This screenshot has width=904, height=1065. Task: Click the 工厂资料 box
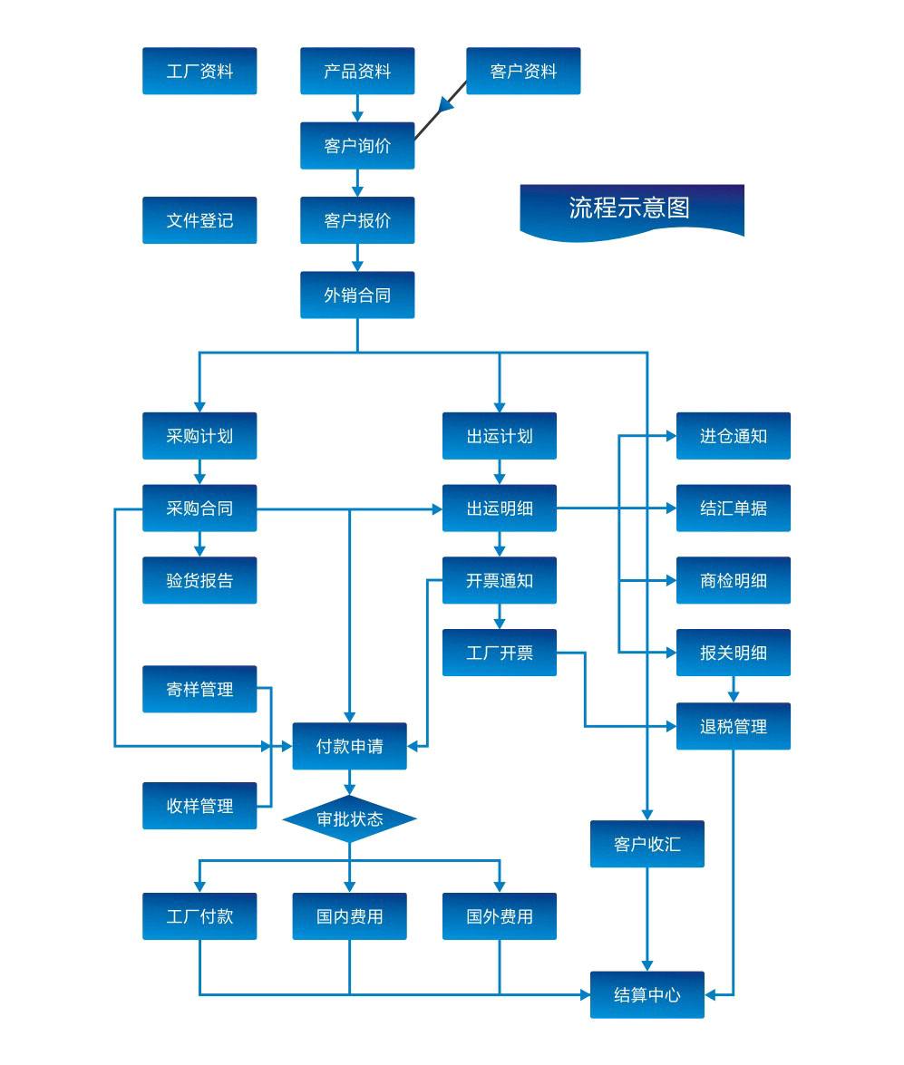click(199, 71)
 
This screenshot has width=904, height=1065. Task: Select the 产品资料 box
click(357, 71)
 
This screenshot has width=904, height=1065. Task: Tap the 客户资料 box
click(523, 71)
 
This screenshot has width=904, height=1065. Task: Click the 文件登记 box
click(199, 220)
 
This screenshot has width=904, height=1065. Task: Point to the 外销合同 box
click(357, 295)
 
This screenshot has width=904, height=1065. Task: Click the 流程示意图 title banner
click(631, 209)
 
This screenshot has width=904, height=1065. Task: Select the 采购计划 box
click(199, 436)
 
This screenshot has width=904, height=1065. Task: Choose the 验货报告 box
click(199, 581)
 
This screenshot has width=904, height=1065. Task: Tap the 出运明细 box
click(500, 508)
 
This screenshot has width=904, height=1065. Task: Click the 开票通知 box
click(500, 581)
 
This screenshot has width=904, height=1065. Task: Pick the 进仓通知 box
click(734, 436)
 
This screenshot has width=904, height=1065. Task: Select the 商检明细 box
click(734, 581)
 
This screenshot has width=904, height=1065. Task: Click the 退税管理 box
click(734, 726)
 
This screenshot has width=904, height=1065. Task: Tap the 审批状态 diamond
click(350, 819)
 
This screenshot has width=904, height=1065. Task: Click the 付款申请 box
click(350, 747)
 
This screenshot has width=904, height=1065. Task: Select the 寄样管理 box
click(199, 690)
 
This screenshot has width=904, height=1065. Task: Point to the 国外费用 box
click(500, 916)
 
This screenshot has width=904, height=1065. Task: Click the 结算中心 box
click(647, 995)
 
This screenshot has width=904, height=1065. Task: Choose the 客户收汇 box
click(647, 845)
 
